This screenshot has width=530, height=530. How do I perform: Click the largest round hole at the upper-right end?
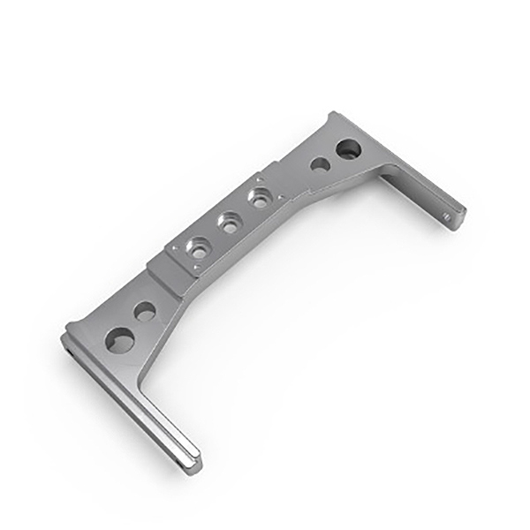pyautogui.click(x=348, y=148)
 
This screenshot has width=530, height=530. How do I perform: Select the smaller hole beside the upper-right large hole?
pyautogui.click(x=321, y=164)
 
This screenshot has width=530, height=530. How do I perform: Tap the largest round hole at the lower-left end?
pyautogui.click(x=119, y=339)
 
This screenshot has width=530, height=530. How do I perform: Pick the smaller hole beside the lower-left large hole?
pyautogui.click(x=145, y=311)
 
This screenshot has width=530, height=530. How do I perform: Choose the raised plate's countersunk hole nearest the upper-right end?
pyautogui.click(x=259, y=199)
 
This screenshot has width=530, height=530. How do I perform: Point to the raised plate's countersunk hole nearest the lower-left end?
pyautogui.click(x=199, y=251)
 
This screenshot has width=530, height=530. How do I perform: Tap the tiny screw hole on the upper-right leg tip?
pyautogui.click(x=447, y=213)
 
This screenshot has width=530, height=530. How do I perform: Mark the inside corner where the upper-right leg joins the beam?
pyautogui.click(x=380, y=172)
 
